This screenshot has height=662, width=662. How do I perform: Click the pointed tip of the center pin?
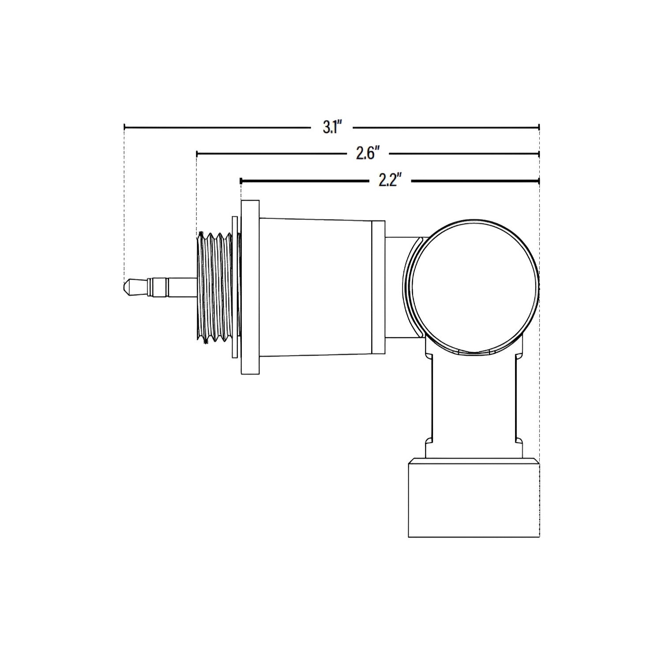pyautogui.click(x=124, y=287)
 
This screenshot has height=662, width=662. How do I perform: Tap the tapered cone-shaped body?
pyautogui.click(x=316, y=287)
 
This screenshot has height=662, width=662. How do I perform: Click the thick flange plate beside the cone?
pyautogui.click(x=250, y=287)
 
